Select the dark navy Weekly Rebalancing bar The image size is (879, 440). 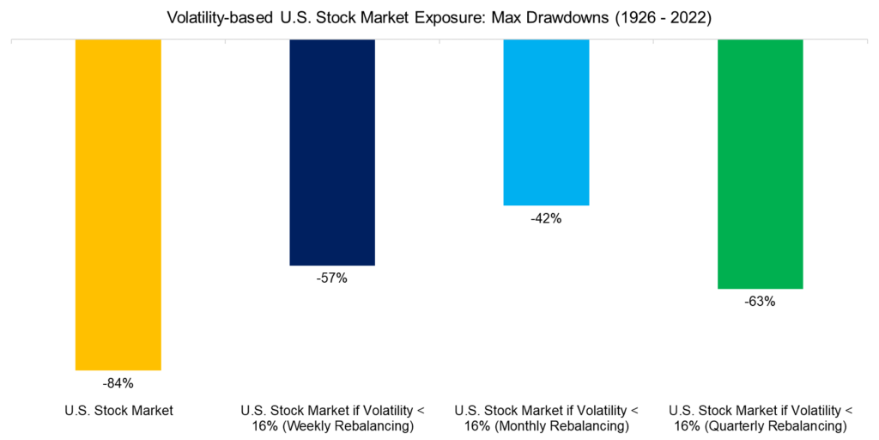332,152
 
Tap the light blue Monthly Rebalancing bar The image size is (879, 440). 546,122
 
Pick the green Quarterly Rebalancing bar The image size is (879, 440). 760,164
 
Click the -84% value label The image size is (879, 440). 118,383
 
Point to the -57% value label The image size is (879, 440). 332,278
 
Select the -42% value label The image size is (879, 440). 546,218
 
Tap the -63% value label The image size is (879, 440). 760,302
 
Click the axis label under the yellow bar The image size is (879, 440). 118,411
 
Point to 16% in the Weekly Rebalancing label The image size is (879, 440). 264,427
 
